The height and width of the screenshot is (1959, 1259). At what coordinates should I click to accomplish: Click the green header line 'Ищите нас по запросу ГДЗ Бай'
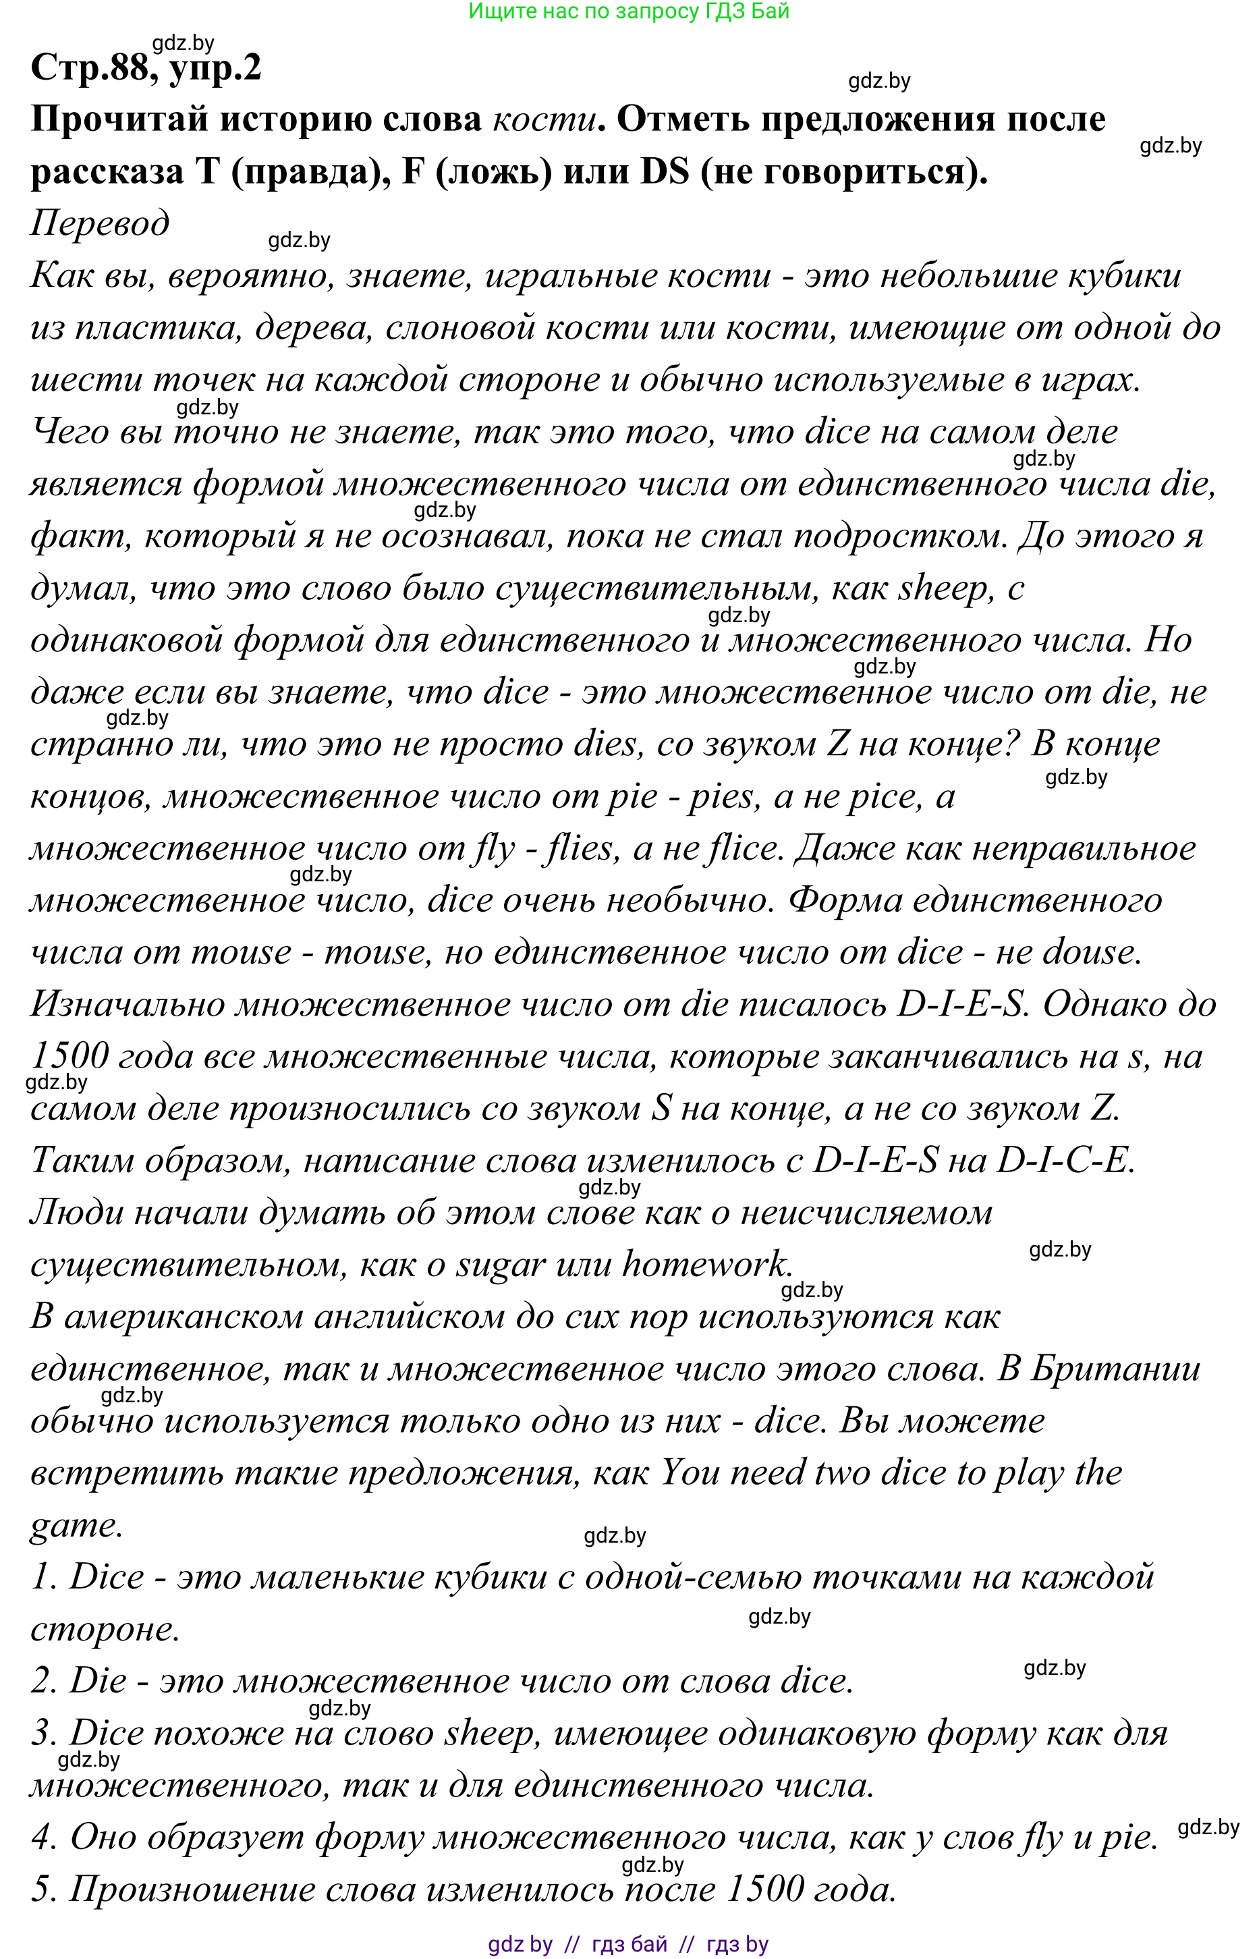click(x=629, y=11)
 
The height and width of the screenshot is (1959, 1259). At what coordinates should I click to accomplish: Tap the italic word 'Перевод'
click(x=100, y=223)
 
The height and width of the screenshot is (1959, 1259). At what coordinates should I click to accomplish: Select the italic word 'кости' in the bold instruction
click(x=544, y=119)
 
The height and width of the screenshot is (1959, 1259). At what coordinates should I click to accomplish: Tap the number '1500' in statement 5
click(x=764, y=1890)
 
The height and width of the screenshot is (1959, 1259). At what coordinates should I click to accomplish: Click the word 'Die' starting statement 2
click(x=98, y=1682)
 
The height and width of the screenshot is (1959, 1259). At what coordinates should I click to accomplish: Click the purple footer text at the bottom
click(x=628, y=1944)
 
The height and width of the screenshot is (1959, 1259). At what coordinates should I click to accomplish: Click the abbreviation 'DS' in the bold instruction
click(x=665, y=171)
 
